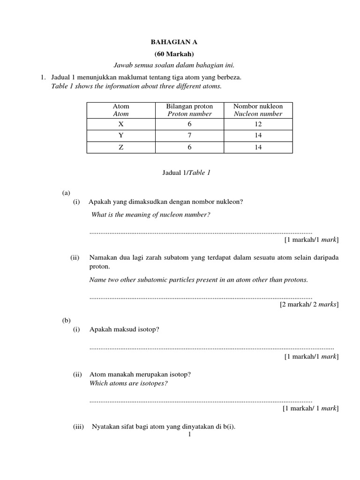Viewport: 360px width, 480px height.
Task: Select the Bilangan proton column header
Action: [x=189, y=110]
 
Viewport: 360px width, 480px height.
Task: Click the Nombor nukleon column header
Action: [x=258, y=110]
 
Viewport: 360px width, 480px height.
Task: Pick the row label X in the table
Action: [x=121, y=124]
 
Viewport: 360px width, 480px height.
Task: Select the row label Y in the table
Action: [x=121, y=136]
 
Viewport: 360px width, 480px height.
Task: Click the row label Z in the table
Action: [x=121, y=147]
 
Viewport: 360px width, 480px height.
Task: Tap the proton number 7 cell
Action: [x=189, y=136]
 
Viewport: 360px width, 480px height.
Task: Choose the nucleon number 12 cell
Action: [x=258, y=124]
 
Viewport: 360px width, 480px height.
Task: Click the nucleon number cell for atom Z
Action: [x=258, y=147]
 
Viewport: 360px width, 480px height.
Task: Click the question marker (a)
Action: [x=66, y=193]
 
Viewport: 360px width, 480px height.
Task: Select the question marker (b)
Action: [x=66, y=321]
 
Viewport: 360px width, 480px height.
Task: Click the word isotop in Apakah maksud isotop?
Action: [x=149, y=330]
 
